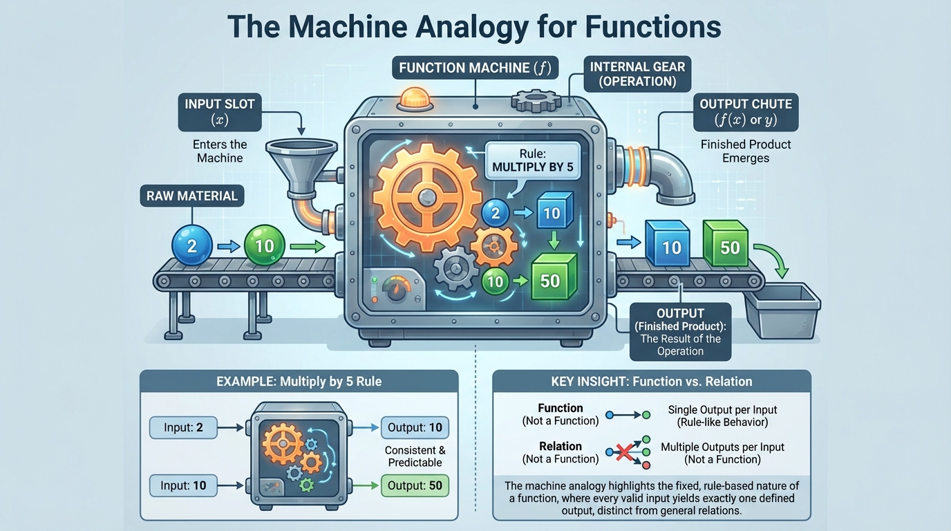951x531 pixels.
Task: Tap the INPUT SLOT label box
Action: pos(220,112)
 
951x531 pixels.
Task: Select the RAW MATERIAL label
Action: pos(191,196)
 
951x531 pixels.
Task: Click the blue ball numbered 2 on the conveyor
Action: pos(191,245)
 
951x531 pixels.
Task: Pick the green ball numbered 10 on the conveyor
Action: pos(264,245)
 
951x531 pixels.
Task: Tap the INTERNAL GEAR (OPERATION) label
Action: pos(637,74)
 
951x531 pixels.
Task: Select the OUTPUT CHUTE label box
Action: pos(745,112)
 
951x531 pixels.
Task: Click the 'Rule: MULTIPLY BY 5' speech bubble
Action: pos(531,160)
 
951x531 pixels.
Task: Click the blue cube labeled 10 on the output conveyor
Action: pos(668,245)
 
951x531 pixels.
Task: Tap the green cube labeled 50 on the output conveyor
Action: pos(726,245)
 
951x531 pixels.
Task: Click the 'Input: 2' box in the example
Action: pos(183,428)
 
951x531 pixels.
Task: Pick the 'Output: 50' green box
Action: pos(415,485)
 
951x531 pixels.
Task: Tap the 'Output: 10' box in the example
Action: pos(415,428)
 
